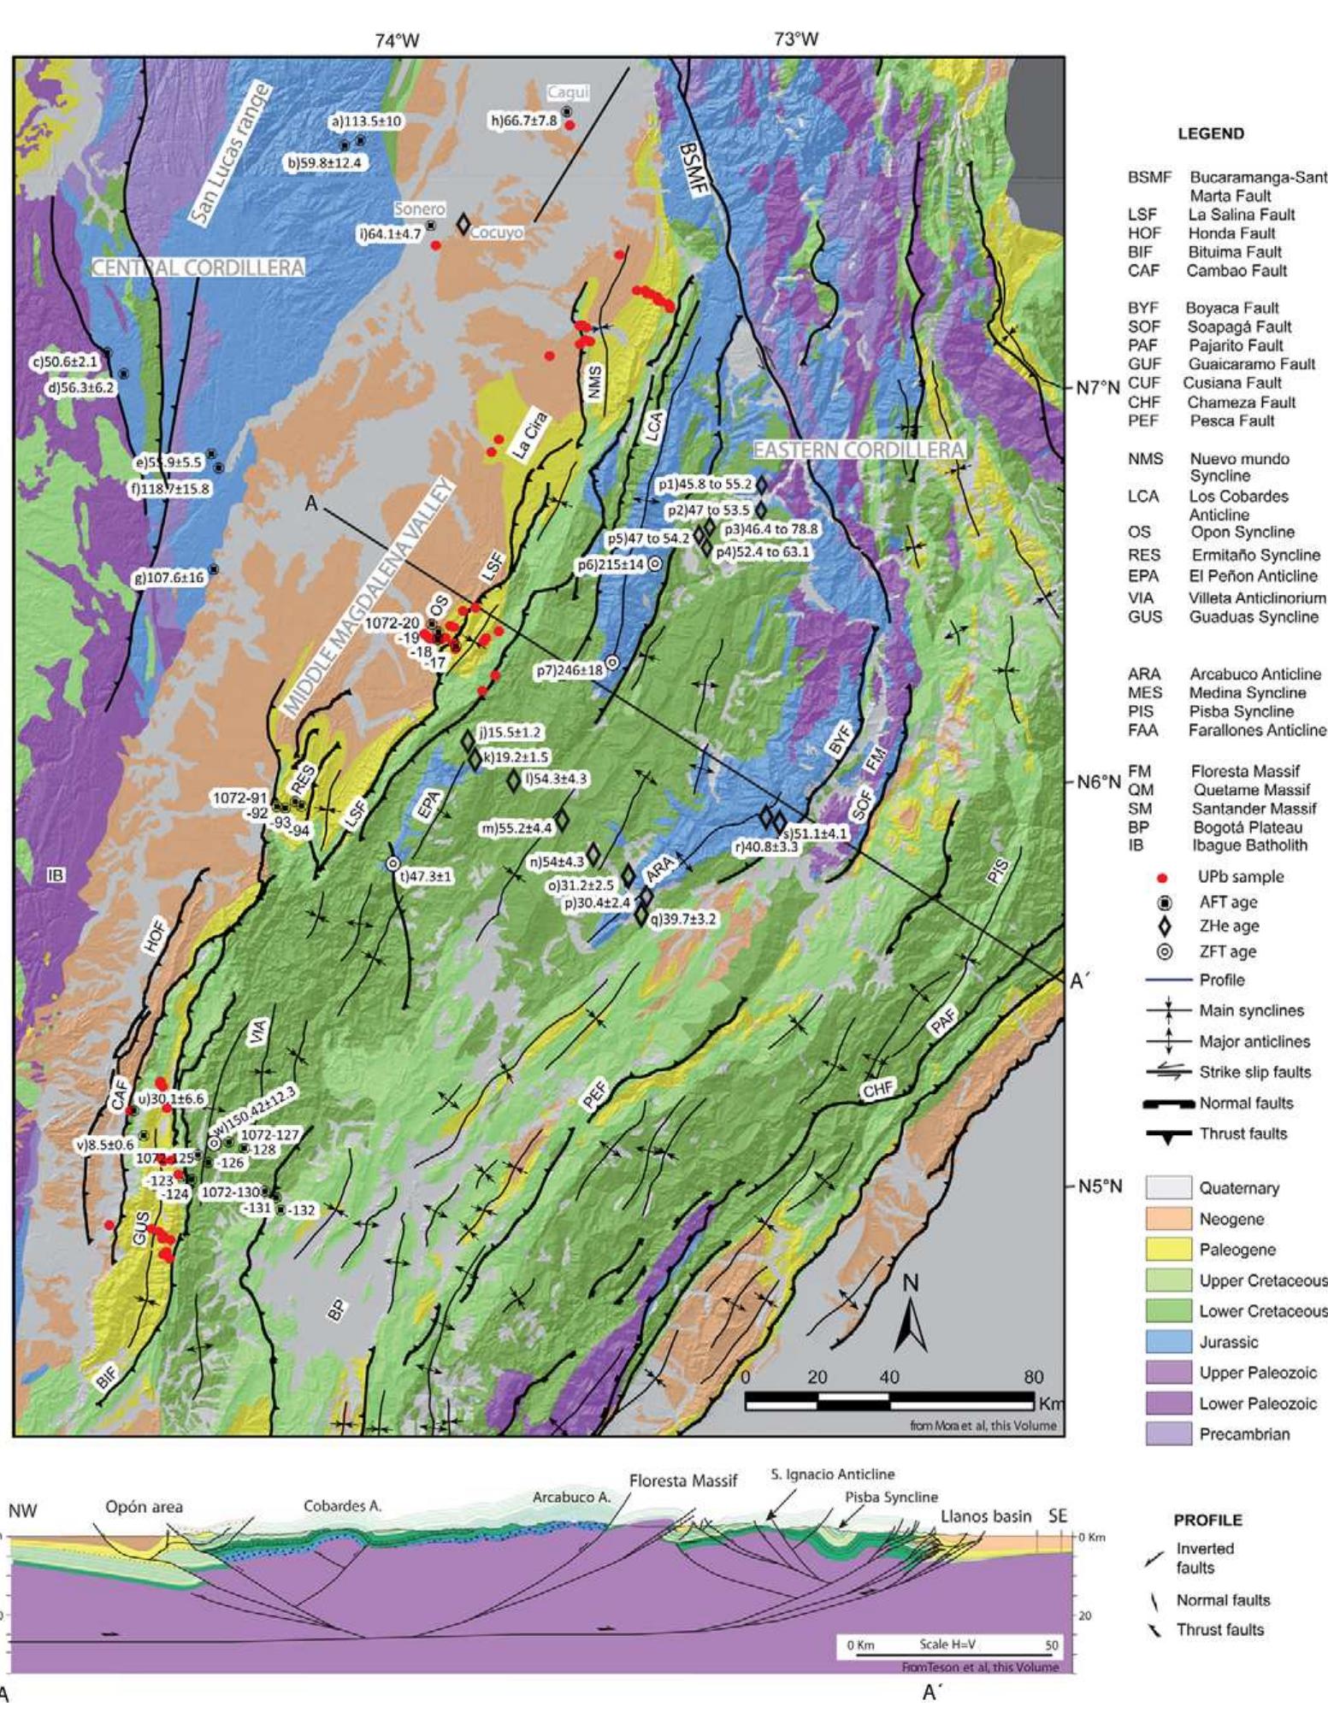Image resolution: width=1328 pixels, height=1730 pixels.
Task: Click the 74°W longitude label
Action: click(x=398, y=39)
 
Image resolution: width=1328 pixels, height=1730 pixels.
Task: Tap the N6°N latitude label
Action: click(x=1098, y=782)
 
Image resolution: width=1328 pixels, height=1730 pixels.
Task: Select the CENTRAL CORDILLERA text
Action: click(x=198, y=268)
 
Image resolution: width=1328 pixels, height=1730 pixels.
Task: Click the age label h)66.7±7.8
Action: click(x=523, y=121)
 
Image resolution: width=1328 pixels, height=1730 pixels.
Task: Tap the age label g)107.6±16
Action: click(x=168, y=578)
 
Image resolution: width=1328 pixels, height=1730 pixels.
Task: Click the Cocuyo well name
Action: click(x=496, y=232)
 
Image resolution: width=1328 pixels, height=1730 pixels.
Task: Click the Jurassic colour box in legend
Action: click(x=1168, y=1342)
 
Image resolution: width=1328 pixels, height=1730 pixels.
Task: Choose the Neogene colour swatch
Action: click(x=1168, y=1219)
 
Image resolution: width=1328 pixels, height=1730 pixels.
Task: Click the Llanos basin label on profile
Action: click(x=986, y=1516)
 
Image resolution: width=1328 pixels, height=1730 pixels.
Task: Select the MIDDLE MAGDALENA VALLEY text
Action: click(x=369, y=598)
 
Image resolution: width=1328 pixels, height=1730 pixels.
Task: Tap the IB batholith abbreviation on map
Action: click(x=56, y=875)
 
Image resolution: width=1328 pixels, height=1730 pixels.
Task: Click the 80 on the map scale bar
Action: click(x=1033, y=1377)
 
